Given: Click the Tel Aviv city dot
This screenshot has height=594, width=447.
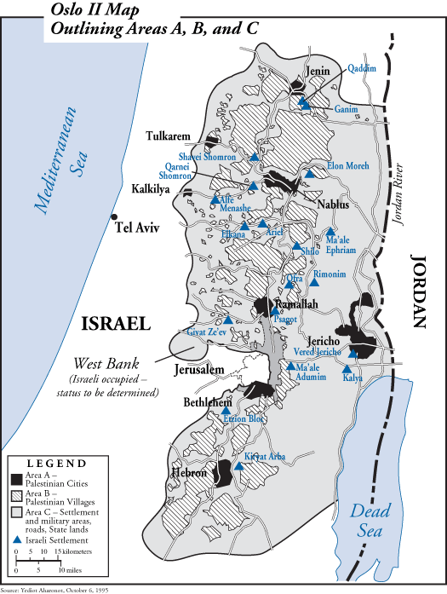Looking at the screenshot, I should (115, 217).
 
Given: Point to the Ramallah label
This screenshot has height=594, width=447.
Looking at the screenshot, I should (295, 304).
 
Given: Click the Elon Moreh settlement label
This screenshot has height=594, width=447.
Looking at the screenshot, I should (347, 166).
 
